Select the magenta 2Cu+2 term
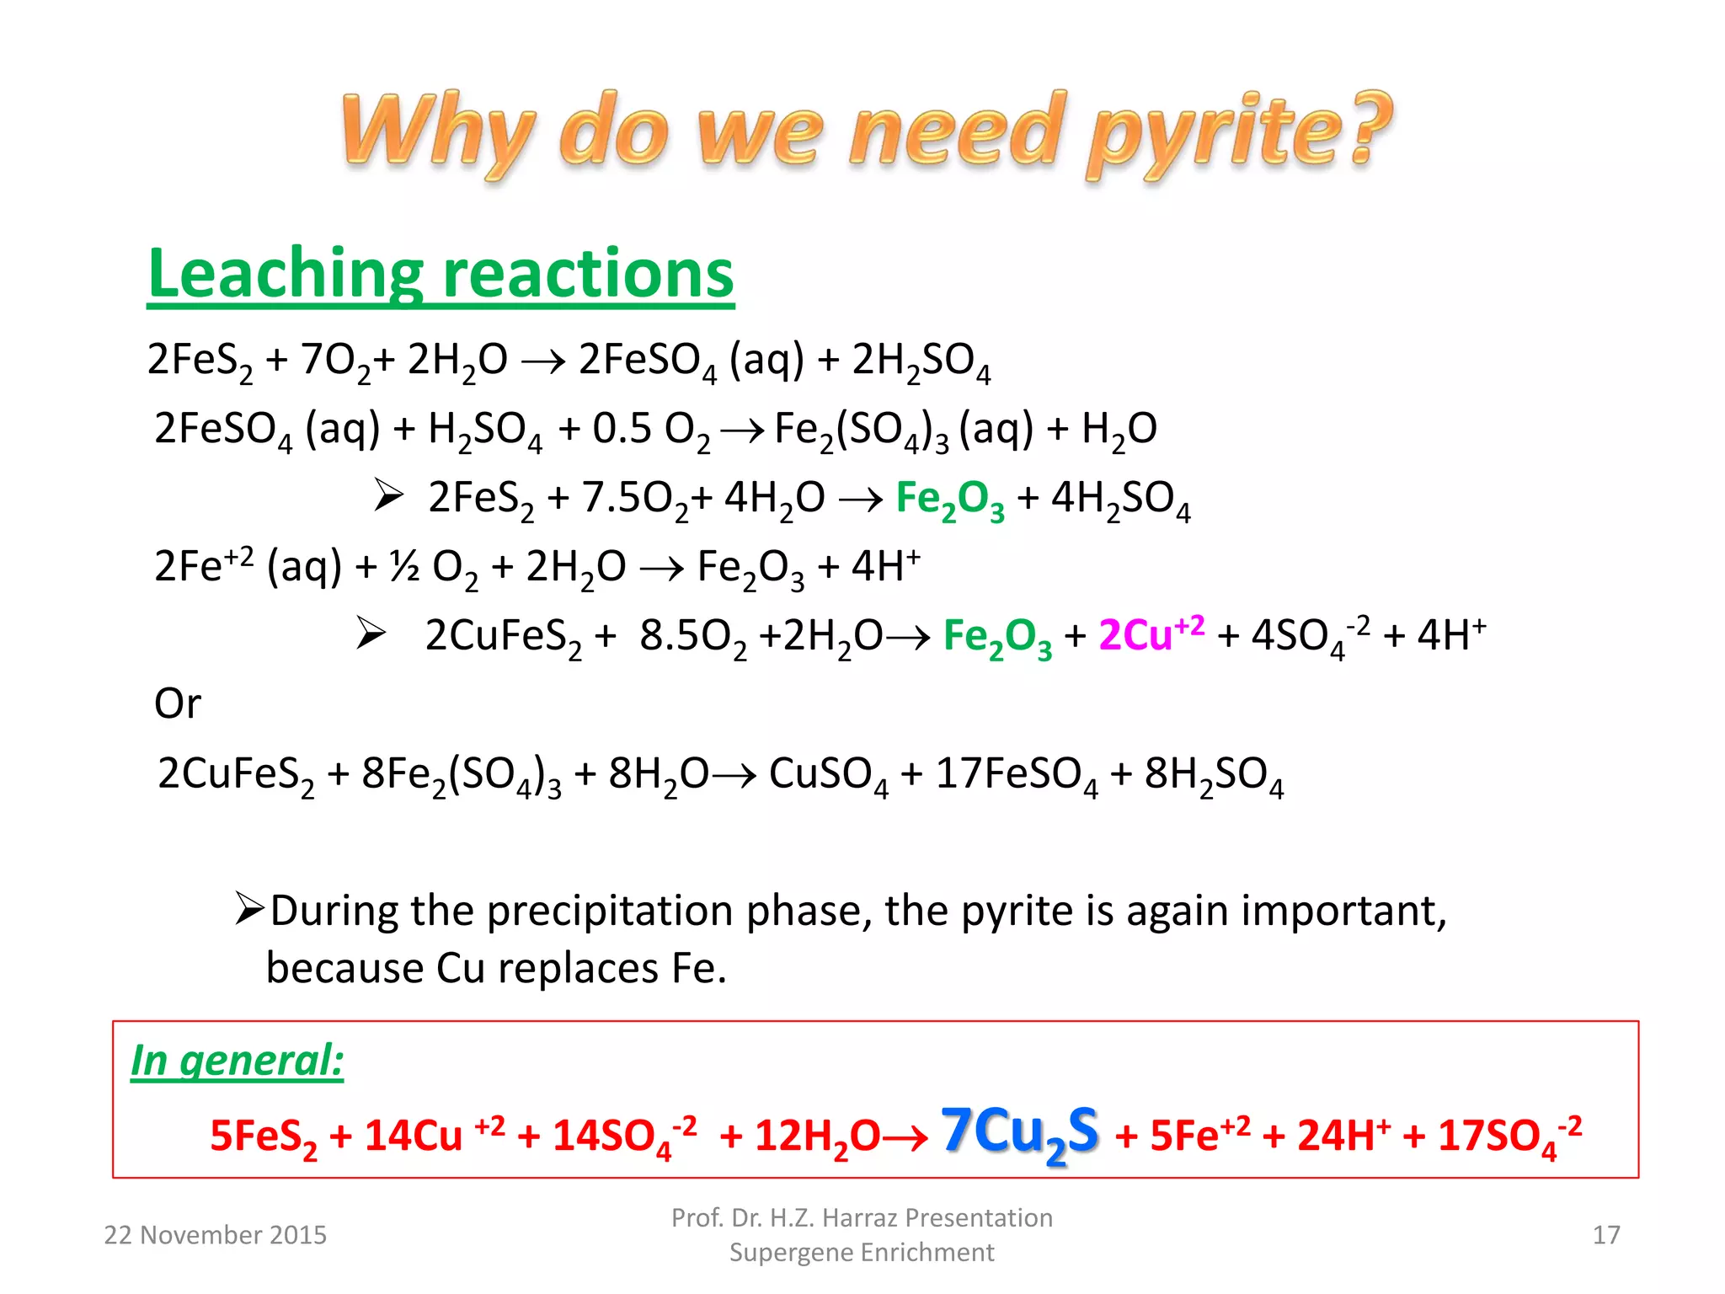click(1151, 634)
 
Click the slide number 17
click(1605, 1235)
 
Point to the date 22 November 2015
click(215, 1235)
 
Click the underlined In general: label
click(237, 1061)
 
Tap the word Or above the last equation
click(177, 703)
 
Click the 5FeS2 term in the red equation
click(263, 1136)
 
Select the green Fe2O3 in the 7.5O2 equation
click(949, 499)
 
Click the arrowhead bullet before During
click(250, 909)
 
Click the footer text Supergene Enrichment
click(862, 1253)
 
